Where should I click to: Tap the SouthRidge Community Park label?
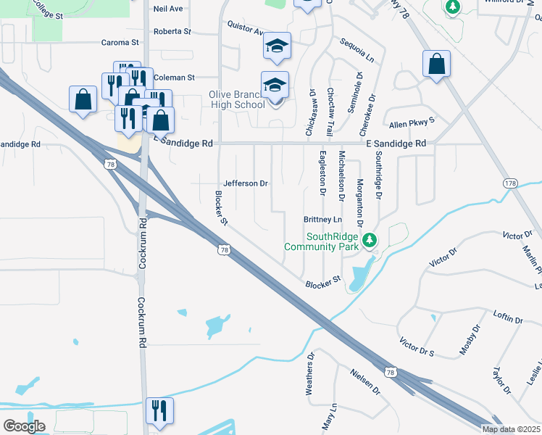pos(322,241)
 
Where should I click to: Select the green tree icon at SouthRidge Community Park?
pos(370,239)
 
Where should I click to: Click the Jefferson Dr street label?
pos(246,183)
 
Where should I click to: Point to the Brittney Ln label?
pos(322,219)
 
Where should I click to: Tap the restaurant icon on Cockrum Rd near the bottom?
pos(158,410)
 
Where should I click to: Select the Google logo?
pos(24,426)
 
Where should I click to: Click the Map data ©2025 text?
pos(511,429)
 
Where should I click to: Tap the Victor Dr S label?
pos(416,347)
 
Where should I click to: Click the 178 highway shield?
pos(512,184)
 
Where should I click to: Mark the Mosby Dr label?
pos(470,341)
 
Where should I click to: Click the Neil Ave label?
pos(168,9)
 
